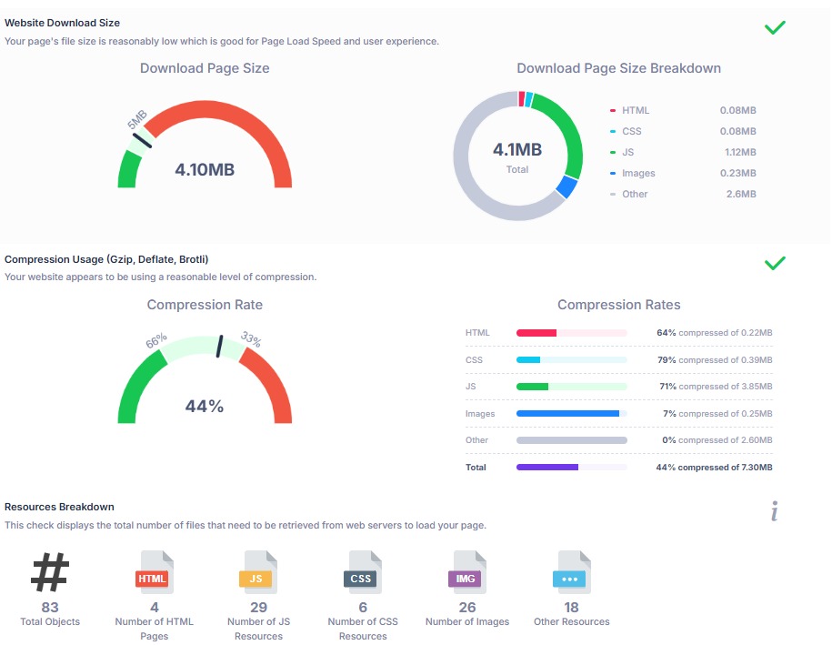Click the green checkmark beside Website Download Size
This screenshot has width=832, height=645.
(x=775, y=27)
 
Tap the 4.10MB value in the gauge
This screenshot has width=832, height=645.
(x=205, y=169)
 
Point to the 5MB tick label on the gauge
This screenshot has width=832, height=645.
(x=136, y=122)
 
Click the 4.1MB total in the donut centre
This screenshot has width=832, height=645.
(x=516, y=149)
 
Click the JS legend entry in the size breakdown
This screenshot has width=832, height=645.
(x=628, y=152)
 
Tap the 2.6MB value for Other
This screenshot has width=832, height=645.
(x=740, y=194)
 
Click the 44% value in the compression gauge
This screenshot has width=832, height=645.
(x=205, y=407)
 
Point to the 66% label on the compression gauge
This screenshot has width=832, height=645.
(x=155, y=342)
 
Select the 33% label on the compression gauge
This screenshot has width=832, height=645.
(x=251, y=340)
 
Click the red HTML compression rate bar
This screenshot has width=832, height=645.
(x=536, y=333)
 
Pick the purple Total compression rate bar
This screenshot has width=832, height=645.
(x=547, y=468)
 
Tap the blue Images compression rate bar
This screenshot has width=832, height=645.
(x=567, y=414)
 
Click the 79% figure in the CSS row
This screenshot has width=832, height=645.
(x=667, y=360)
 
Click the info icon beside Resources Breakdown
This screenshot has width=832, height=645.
(x=775, y=512)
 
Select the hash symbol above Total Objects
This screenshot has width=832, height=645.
(x=50, y=572)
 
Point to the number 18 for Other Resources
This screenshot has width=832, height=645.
(x=571, y=607)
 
